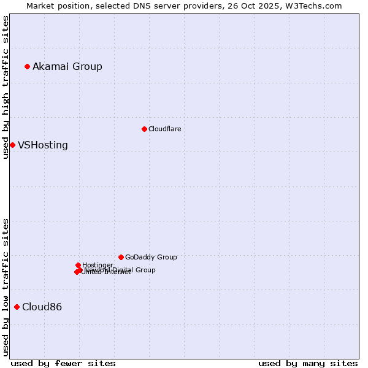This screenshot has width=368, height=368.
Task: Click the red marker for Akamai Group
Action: [x=27, y=66]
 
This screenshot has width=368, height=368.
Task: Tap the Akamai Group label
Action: [x=67, y=66]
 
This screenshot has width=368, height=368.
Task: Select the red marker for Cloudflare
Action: [x=144, y=129]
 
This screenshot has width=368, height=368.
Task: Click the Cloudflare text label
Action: [x=164, y=129]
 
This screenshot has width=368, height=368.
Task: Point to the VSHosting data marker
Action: [x=12, y=145]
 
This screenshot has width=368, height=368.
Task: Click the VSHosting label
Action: [x=43, y=145]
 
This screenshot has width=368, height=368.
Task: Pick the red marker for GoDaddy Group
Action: [x=121, y=257]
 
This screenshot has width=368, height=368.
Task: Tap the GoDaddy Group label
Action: [x=151, y=257]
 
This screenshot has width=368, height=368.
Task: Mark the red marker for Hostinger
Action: [x=78, y=265]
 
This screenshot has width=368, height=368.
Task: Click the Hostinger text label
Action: [x=98, y=265]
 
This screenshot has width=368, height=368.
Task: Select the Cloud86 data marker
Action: [x=17, y=307]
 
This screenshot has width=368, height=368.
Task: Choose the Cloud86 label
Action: [x=42, y=307]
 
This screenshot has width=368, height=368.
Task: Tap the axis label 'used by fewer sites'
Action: [x=63, y=363]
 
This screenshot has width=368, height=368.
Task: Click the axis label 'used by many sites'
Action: [x=308, y=363]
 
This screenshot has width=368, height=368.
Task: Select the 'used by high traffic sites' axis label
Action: [x=6, y=87]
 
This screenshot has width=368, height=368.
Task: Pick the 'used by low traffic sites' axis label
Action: [x=6, y=287]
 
